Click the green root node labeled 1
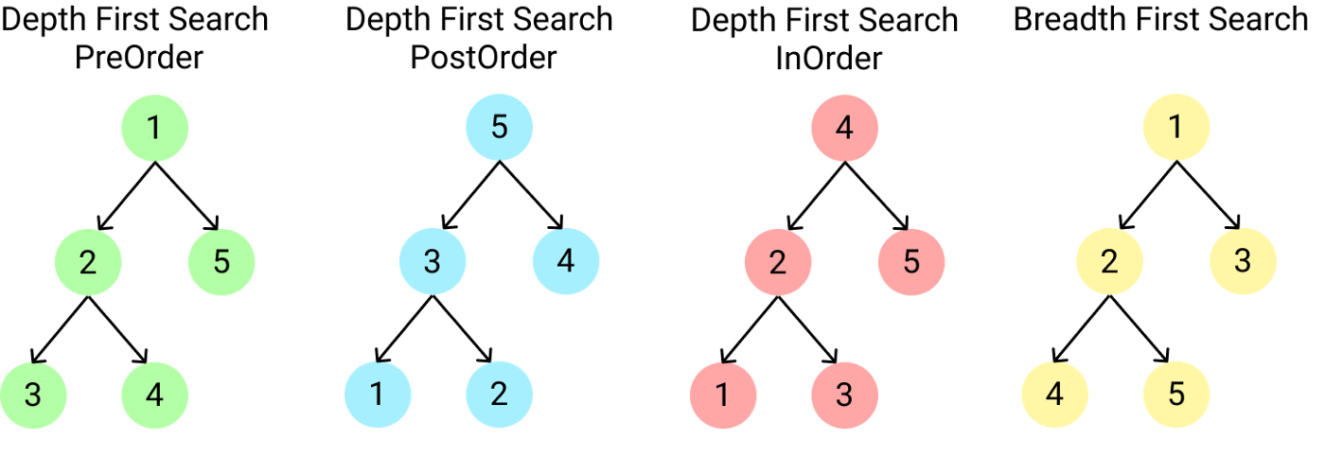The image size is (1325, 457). pyautogui.click(x=155, y=128)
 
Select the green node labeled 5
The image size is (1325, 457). pyautogui.click(x=221, y=261)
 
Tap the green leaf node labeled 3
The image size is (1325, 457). pyautogui.click(x=32, y=395)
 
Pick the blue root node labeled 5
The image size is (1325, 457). pyautogui.click(x=500, y=128)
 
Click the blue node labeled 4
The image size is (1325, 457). pyautogui.click(x=566, y=261)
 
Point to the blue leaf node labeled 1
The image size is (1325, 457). pyautogui.click(x=377, y=395)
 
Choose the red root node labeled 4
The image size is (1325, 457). pyautogui.click(x=844, y=128)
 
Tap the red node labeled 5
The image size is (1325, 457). pyautogui.click(x=911, y=261)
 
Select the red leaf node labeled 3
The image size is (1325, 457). pyautogui.click(x=844, y=395)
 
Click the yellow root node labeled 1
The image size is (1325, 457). pyautogui.click(x=1175, y=128)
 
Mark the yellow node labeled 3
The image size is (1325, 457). pyautogui.click(x=1243, y=261)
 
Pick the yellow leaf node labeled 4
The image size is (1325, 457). pyautogui.click(x=1054, y=395)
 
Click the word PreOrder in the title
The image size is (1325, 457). pyautogui.click(x=139, y=58)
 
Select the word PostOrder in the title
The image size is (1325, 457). pyautogui.click(x=483, y=58)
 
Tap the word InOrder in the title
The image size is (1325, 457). pyautogui.click(x=829, y=59)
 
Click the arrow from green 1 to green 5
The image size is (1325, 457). pyautogui.click(x=187, y=195)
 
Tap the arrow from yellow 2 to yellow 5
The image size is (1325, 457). pyautogui.click(x=1141, y=328)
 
